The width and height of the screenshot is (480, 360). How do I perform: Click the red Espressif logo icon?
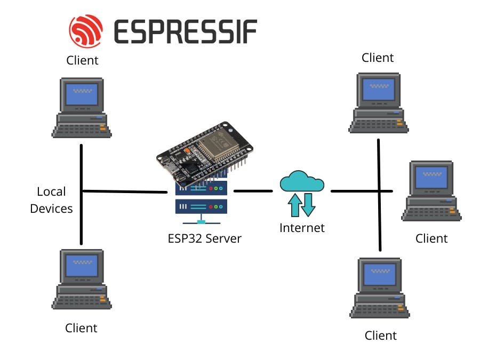click(86, 30)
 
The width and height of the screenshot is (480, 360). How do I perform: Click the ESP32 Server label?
click(204, 238)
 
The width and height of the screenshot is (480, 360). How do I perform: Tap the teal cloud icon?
click(302, 181)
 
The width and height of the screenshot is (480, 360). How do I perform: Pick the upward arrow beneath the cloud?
click(294, 206)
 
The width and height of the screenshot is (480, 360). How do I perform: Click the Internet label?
click(302, 228)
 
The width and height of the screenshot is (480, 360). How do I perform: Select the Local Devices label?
click(52, 200)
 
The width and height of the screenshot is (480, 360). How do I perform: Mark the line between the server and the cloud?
click(253, 190)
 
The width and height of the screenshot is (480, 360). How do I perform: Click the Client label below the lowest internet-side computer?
click(381, 335)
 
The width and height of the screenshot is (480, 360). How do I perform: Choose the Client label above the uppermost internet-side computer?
click(378, 58)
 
